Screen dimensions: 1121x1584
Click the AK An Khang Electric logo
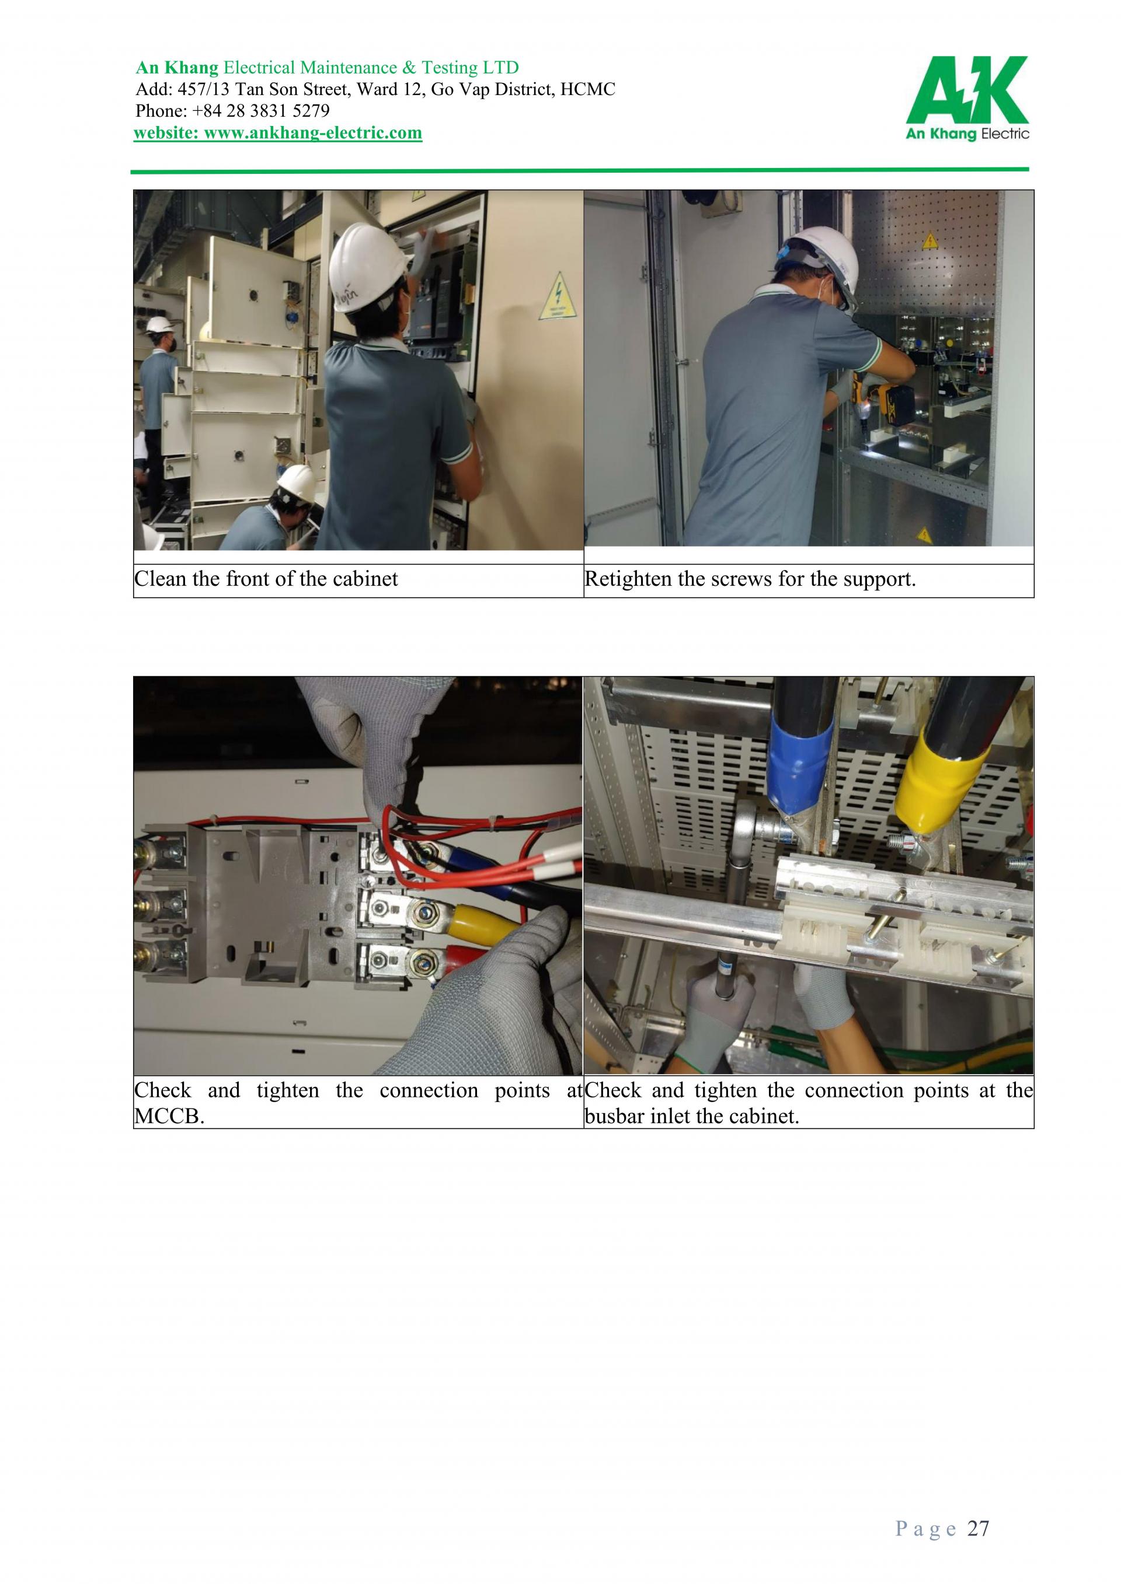coord(967,99)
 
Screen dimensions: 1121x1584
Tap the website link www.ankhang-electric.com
coord(314,132)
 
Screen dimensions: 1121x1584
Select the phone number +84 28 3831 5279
coord(263,110)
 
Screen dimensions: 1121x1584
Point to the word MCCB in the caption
coord(169,1116)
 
